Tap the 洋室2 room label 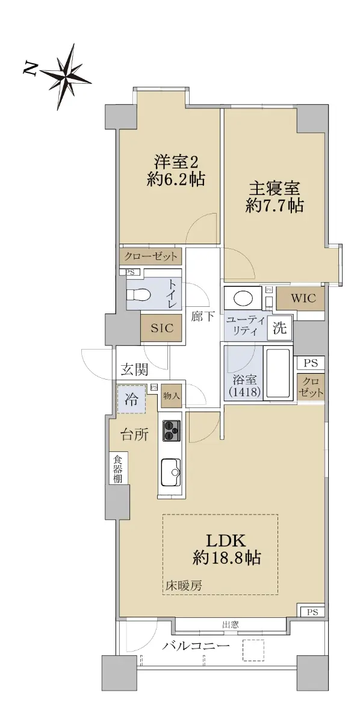pyautogui.click(x=176, y=162)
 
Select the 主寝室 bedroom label pyautogui.click(x=274, y=189)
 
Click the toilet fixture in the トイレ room pyautogui.click(x=138, y=294)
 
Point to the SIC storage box pyautogui.click(x=161, y=328)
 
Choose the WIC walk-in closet pyautogui.click(x=303, y=298)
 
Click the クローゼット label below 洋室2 pyautogui.click(x=151, y=256)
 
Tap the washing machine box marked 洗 pyautogui.click(x=280, y=328)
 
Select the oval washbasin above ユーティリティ pyautogui.click(x=243, y=298)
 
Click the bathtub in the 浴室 pyautogui.click(x=278, y=373)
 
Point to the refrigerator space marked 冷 pyautogui.click(x=132, y=399)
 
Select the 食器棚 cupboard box pyautogui.click(x=118, y=468)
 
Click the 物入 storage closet pyautogui.click(x=172, y=396)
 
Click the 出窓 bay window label pyautogui.click(x=231, y=625)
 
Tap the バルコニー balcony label pyautogui.click(x=196, y=644)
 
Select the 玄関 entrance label pyautogui.click(x=134, y=369)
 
